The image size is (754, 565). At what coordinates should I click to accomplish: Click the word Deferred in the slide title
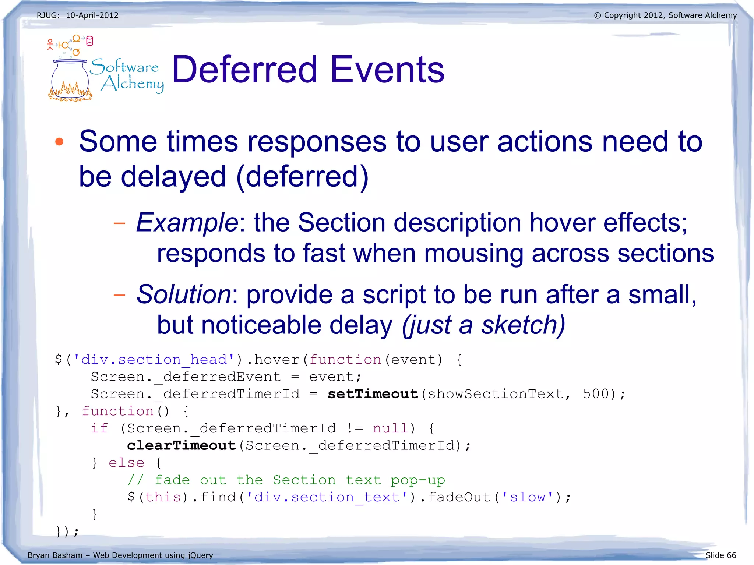click(x=244, y=69)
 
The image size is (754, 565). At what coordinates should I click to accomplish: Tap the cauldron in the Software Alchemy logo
click(x=70, y=79)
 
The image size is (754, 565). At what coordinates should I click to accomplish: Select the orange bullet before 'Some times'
click(x=59, y=142)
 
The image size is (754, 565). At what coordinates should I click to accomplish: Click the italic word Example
click(x=187, y=222)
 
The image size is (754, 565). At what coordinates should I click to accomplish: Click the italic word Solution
click(x=183, y=294)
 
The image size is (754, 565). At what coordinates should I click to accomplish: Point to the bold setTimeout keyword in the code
click(x=373, y=394)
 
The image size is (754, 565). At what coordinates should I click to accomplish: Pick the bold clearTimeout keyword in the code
click(x=181, y=445)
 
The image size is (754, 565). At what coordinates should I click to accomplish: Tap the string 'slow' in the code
click(x=527, y=497)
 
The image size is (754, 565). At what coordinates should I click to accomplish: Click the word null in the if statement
click(x=390, y=428)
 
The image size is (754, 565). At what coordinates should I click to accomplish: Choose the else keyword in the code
click(x=126, y=463)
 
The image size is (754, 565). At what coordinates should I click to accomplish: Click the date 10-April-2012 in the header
click(x=92, y=15)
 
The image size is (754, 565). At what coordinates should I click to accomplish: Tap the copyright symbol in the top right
click(x=597, y=15)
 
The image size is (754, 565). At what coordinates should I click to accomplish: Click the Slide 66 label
click(x=720, y=555)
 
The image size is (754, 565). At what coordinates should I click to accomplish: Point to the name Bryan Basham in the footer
click(x=55, y=555)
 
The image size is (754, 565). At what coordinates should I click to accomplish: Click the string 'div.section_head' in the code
click(x=154, y=360)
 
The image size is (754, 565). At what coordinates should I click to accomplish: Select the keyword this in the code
click(x=163, y=497)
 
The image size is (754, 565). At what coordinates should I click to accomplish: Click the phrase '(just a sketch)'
click(x=483, y=325)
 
